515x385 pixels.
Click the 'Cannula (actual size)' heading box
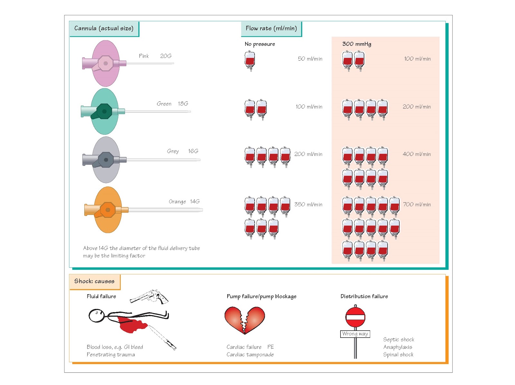click(104, 29)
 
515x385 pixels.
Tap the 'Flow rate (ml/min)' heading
click(271, 29)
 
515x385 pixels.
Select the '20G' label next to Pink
click(166, 56)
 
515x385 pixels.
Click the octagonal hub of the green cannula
click(104, 111)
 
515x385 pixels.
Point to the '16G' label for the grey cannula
click(193, 151)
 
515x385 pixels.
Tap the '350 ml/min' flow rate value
click(308, 205)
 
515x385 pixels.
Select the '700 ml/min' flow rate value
click(417, 205)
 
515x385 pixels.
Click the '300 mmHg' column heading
click(356, 44)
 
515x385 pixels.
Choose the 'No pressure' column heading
click(259, 44)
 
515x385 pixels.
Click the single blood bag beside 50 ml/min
click(250, 60)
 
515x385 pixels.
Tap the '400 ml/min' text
click(417, 154)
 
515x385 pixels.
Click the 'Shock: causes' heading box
click(94, 281)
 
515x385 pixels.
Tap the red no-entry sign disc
click(355, 317)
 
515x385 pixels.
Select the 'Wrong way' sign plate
click(355, 334)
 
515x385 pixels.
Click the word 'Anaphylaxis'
click(398, 347)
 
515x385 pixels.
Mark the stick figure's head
click(96, 315)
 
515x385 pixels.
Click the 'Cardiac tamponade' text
click(250, 355)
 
